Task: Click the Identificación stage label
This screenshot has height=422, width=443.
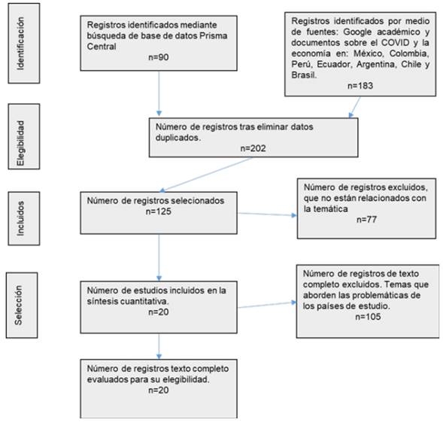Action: coord(20,44)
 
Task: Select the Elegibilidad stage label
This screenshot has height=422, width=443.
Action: coord(20,143)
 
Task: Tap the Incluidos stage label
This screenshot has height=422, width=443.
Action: coord(20,218)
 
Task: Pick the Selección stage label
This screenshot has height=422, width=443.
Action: coord(18,305)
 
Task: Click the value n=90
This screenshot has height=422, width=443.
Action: coord(159,57)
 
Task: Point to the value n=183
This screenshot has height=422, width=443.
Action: coord(360,86)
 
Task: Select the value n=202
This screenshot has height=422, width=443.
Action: coord(253,148)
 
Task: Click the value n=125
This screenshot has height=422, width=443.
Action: coord(159,211)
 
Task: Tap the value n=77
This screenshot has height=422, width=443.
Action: coord(366,220)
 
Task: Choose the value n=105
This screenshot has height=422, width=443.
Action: coord(368,317)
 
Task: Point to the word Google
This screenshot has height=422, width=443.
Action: coord(357,32)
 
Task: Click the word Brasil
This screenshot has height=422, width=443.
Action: coord(304,75)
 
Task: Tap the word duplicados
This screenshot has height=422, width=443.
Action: coord(178,138)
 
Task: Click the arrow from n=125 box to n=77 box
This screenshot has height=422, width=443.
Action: coord(267,214)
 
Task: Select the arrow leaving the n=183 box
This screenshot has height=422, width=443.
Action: coord(355,107)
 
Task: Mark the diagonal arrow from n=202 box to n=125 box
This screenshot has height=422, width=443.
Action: coord(206,175)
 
